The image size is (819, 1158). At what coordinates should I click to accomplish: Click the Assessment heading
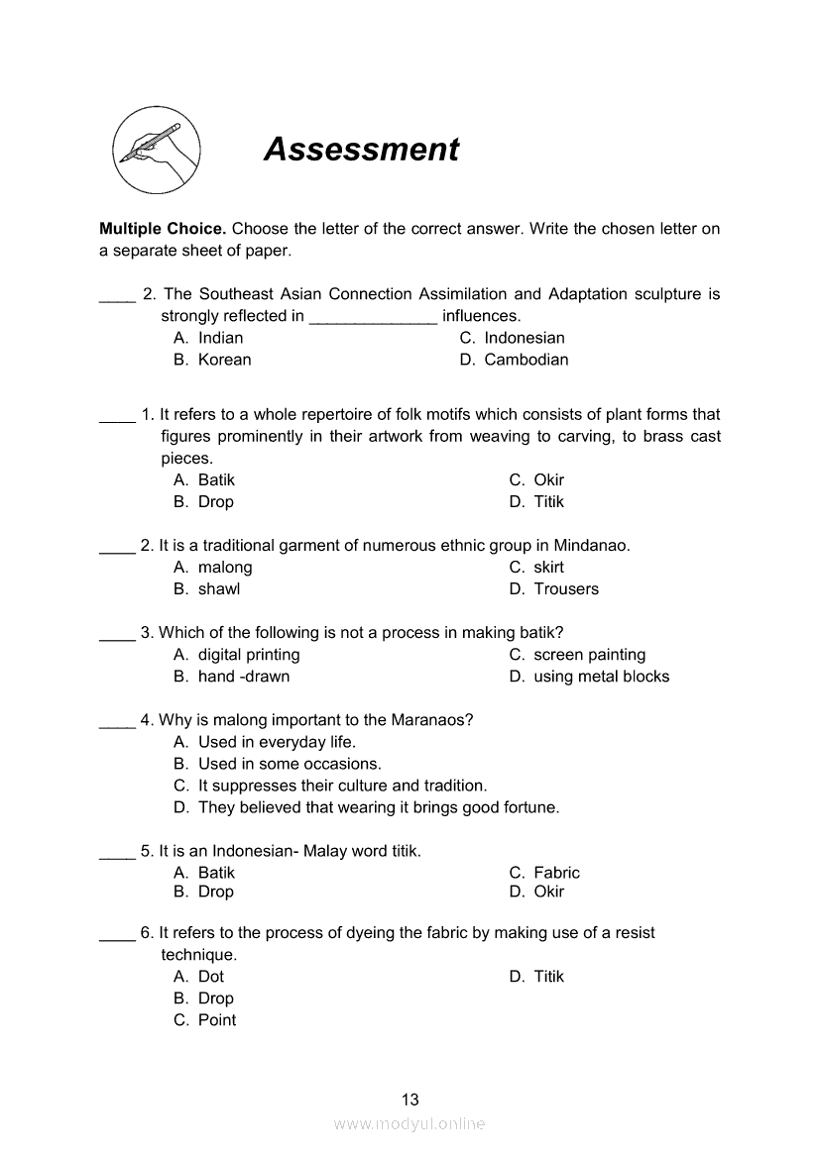361,149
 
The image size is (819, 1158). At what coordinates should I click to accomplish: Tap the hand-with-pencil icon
156,151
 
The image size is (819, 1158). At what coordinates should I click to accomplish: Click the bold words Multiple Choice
163,229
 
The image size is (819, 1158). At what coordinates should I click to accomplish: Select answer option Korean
224,360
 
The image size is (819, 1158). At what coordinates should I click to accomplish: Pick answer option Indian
220,338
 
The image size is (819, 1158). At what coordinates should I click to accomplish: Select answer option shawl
218,589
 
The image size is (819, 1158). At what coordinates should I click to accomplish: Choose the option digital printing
248,655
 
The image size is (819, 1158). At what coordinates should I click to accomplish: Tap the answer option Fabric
556,873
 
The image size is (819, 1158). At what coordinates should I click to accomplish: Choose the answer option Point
216,1020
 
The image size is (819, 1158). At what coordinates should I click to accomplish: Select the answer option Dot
210,977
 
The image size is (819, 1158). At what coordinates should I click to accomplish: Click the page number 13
410,1100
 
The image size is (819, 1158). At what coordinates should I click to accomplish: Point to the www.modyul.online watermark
409,1124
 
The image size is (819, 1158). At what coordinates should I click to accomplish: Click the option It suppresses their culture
342,786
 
